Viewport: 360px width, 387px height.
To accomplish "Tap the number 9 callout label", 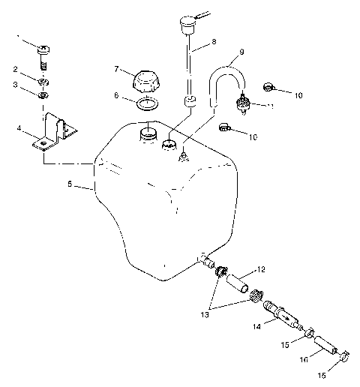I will point(241,53).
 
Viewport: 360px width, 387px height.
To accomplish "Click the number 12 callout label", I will point(260,268).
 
